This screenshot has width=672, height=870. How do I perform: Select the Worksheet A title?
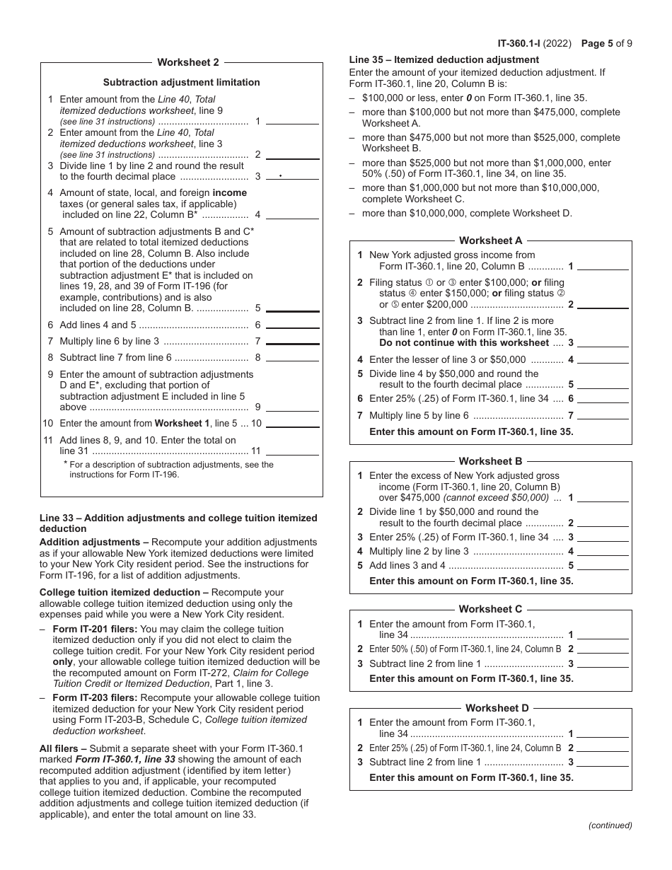(490, 240)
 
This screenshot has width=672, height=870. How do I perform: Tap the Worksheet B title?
(490, 461)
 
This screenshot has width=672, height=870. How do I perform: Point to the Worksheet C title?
(490, 609)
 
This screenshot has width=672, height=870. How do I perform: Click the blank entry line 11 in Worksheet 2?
(292, 451)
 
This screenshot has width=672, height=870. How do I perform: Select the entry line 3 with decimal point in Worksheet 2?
(292, 176)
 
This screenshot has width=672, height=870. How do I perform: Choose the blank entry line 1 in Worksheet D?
(603, 733)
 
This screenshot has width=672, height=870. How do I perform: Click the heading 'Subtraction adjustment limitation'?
(182, 82)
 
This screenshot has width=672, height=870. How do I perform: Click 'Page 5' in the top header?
(596, 43)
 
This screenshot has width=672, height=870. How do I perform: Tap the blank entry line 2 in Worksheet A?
(603, 304)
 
